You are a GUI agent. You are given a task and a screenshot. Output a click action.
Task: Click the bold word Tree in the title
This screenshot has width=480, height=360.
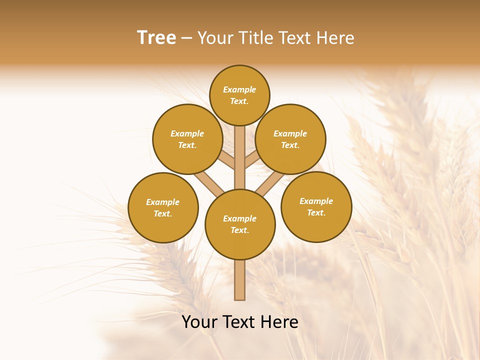point(156,37)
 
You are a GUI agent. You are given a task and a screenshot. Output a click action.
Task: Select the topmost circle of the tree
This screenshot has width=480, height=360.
point(239,95)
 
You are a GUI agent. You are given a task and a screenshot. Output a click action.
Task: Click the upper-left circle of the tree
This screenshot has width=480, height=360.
point(187,139)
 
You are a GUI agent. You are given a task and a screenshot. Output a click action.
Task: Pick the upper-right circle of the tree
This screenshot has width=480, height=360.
point(290,139)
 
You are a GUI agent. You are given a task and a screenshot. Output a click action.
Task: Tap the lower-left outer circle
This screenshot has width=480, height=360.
point(163,207)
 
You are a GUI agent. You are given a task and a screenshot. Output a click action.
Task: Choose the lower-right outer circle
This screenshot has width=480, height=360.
point(316,206)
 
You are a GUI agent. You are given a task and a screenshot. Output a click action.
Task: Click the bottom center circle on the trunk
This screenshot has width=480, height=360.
point(240,224)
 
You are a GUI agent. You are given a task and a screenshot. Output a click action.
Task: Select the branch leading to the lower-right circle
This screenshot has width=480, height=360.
point(269,182)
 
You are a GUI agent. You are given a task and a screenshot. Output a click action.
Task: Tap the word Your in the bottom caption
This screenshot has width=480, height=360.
point(199,322)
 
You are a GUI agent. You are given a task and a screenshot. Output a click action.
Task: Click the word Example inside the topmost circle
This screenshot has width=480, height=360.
point(239,89)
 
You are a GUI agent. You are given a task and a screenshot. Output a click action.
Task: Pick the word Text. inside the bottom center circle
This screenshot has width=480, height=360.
point(239,230)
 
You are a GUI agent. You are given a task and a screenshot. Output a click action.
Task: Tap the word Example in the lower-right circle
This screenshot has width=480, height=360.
point(316,201)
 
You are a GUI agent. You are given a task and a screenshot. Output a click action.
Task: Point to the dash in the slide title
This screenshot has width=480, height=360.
point(186,38)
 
